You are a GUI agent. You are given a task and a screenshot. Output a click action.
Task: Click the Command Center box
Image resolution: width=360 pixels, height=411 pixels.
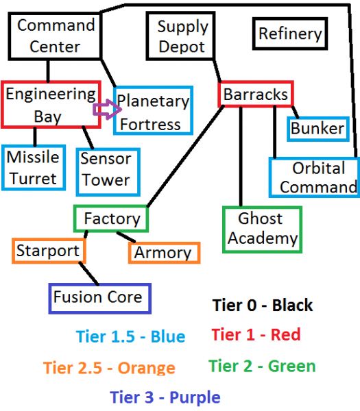point(55,36)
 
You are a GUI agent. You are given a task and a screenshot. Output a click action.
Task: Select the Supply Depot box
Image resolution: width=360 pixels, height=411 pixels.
point(181,36)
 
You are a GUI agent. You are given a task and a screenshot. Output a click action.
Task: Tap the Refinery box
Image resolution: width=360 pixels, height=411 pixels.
point(290,34)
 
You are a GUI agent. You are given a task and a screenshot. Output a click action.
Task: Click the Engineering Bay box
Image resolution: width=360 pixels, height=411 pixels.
point(51,105)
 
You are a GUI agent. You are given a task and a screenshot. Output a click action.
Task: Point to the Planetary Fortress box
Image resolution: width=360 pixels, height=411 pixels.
point(153,110)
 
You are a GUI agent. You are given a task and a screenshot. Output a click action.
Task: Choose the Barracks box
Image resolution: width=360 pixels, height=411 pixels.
point(256,94)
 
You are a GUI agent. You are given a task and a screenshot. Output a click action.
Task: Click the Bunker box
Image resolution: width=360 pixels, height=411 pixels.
point(318,129)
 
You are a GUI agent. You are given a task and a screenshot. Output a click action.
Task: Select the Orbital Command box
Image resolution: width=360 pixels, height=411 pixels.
point(314,177)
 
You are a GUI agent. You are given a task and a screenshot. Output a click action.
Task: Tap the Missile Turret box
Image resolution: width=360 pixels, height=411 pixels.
point(34,168)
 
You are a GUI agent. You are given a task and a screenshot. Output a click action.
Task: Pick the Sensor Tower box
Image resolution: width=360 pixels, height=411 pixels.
point(108,172)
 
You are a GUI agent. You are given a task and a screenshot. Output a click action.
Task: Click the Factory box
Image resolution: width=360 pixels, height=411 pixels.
point(111,219)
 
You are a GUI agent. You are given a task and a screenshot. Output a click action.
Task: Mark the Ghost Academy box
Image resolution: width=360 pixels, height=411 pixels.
point(262,229)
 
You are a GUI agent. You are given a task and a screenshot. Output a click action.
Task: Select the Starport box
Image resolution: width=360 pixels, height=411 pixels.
point(49,251)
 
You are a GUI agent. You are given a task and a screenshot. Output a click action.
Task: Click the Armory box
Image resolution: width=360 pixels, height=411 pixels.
point(165,253)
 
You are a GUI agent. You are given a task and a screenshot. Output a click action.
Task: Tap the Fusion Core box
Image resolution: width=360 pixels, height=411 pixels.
point(99,298)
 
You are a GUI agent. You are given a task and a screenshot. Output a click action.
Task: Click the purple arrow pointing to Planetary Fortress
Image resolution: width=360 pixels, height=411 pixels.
point(107,110)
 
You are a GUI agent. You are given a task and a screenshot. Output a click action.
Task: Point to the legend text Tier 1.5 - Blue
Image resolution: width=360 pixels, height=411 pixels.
point(131,336)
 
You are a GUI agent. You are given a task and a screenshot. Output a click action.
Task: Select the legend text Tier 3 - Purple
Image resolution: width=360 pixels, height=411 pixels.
point(165,397)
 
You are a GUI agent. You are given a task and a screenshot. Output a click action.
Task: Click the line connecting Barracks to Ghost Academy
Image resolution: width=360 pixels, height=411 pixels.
point(241,156)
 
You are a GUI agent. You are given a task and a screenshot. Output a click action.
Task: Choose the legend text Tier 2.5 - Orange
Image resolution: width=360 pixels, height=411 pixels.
point(110,367)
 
